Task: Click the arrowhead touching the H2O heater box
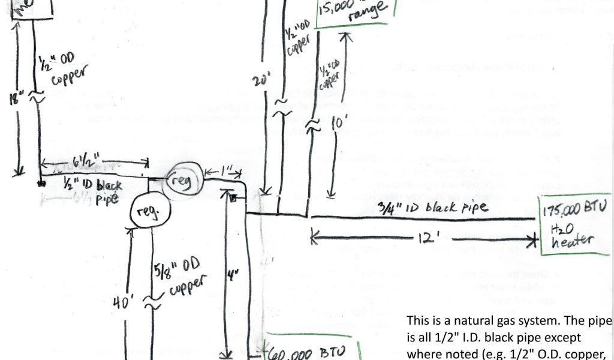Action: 532,240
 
